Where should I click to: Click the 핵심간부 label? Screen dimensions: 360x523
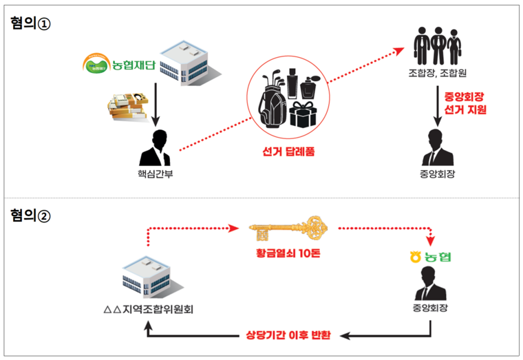pyautogui.click(x=156, y=172)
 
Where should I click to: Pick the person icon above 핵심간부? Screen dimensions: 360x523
pyautogui.click(x=156, y=147)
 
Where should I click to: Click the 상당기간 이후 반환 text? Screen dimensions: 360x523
pyautogui.click(x=289, y=337)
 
